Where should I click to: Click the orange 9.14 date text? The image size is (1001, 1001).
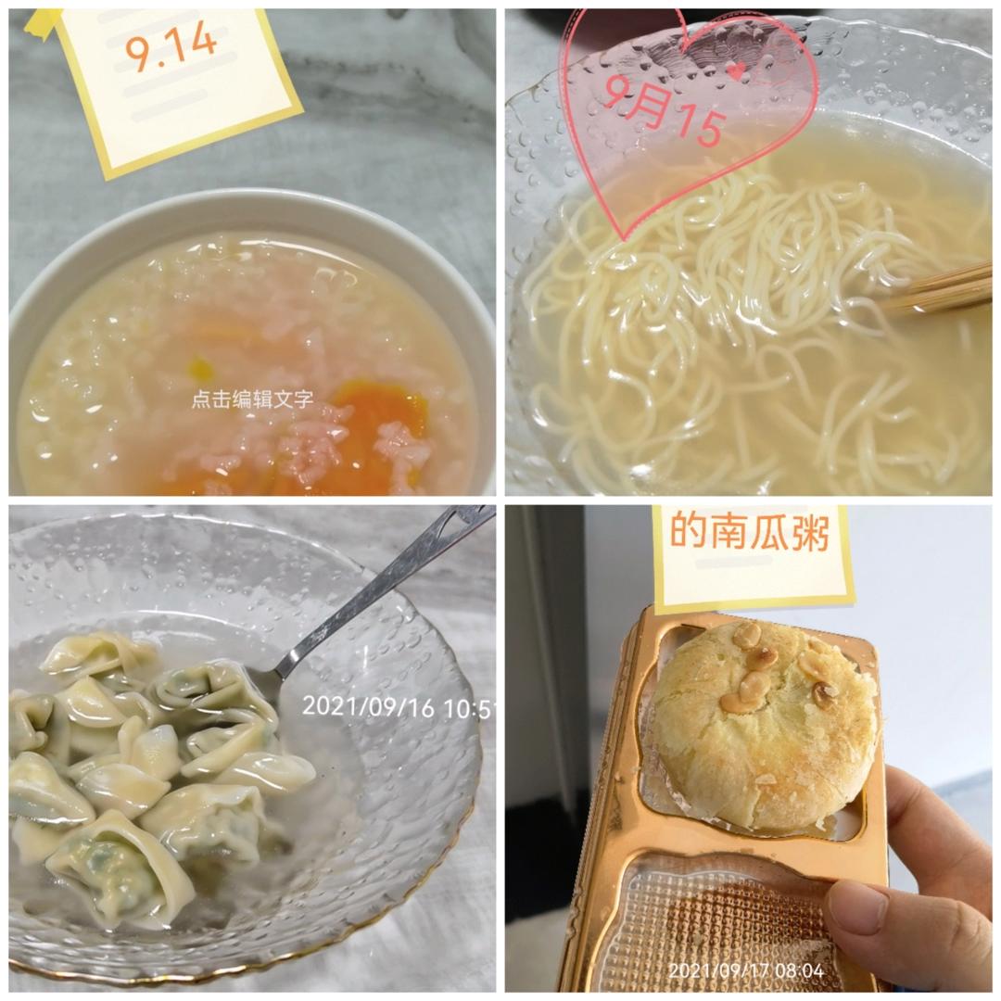coord(171,47)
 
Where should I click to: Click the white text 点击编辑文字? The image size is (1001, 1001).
coord(253,399)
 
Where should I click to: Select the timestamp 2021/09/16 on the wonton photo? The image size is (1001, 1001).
coord(368,706)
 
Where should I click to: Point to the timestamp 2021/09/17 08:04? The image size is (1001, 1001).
coord(746,971)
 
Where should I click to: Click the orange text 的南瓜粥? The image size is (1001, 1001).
coord(750,532)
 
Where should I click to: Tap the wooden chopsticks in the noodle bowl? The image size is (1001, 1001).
coord(938,291)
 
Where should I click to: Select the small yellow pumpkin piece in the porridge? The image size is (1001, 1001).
coord(200,368)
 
